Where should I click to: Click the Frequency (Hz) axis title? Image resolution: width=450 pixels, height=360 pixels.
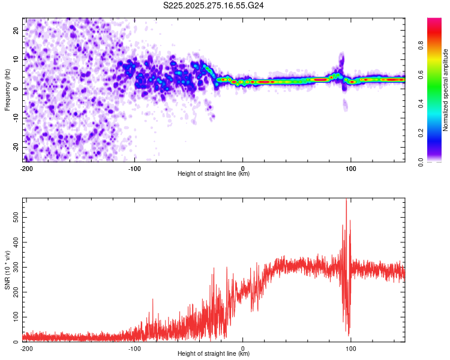7,89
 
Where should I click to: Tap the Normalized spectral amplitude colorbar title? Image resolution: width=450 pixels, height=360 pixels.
445,90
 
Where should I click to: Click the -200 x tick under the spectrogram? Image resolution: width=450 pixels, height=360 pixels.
26,167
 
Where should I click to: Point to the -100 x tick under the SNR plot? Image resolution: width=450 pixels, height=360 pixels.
134,348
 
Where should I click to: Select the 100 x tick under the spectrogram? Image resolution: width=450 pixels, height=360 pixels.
350,167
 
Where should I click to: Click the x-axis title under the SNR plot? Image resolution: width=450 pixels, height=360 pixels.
214,354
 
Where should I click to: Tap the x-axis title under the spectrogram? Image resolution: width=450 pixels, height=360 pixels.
214,173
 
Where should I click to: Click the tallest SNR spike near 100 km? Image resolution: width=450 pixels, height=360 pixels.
346,201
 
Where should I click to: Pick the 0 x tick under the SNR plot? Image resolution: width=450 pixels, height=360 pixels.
242,348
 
